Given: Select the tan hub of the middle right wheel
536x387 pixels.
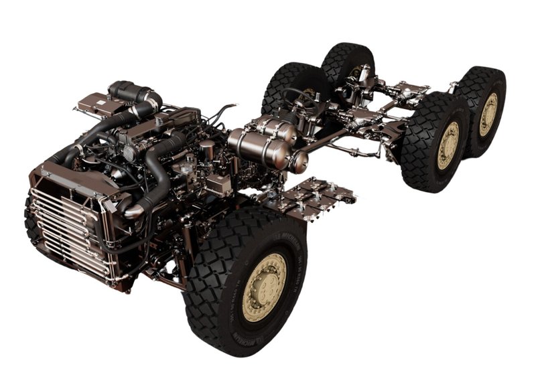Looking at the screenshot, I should point(448,145).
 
